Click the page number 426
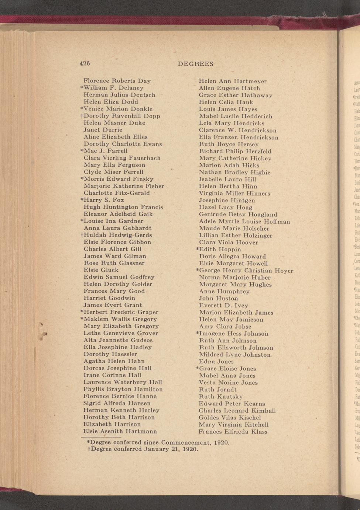85,63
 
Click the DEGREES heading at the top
196,64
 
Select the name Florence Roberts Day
117,81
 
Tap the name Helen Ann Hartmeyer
233,81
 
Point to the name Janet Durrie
103,130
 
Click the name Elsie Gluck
101,270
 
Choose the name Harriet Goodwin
109,298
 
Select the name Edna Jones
216,362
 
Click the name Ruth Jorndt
218,390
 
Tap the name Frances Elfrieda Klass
233,432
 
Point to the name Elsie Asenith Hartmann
120,431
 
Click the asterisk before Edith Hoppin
197,249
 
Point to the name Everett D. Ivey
223,306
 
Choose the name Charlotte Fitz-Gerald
117,193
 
